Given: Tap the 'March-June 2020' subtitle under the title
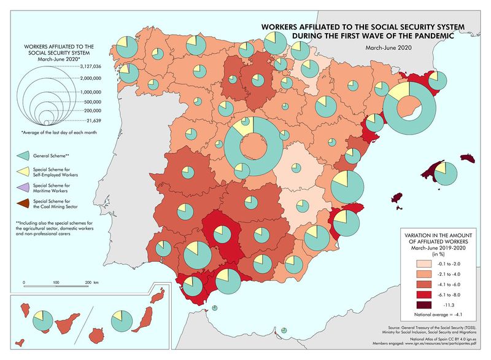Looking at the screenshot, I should click(x=388, y=47).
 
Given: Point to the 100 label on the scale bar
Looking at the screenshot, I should click(x=56, y=281).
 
